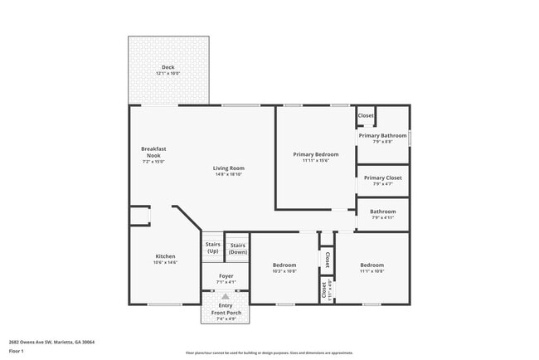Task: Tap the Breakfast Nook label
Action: (x=153, y=152)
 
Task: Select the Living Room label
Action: (x=229, y=168)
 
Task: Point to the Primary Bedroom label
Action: (x=316, y=154)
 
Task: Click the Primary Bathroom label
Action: (x=382, y=135)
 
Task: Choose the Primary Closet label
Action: (x=382, y=178)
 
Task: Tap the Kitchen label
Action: (x=166, y=256)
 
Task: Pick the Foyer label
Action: (x=226, y=275)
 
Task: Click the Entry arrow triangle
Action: (x=226, y=295)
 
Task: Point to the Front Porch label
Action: (x=226, y=313)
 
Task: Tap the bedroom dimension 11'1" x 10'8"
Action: (x=371, y=271)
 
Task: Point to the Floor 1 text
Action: (x=17, y=351)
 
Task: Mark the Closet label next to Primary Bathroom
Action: (x=366, y=115)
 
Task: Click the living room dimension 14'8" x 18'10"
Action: (x=229, y=175)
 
